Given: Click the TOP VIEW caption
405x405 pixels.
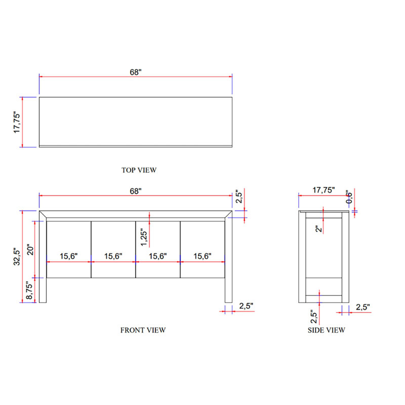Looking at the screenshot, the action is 139,170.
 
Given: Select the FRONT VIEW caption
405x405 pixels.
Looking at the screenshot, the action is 143,330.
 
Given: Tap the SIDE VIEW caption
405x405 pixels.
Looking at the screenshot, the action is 326,330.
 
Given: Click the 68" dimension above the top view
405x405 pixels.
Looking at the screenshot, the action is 136,72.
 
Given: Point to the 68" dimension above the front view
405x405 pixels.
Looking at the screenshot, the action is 136,191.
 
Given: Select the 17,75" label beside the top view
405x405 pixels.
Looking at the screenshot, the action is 17,123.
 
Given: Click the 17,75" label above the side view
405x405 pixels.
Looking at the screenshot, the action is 323,190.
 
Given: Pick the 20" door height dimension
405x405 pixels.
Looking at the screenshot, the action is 30,250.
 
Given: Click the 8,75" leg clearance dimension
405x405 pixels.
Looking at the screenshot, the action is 30,290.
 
